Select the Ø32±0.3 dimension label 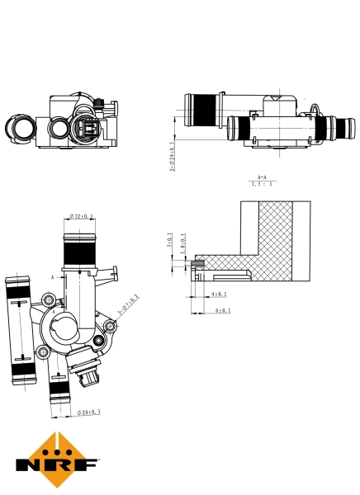(81, 216)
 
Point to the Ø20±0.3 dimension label (88, 411)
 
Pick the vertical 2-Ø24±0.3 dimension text (173, 154)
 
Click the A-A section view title (262, 177)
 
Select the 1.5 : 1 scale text (262, 186)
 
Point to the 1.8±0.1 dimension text (182, 247)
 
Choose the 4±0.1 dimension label (219, 293)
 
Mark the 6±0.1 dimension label (222, 311)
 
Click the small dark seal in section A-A (197, 264)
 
